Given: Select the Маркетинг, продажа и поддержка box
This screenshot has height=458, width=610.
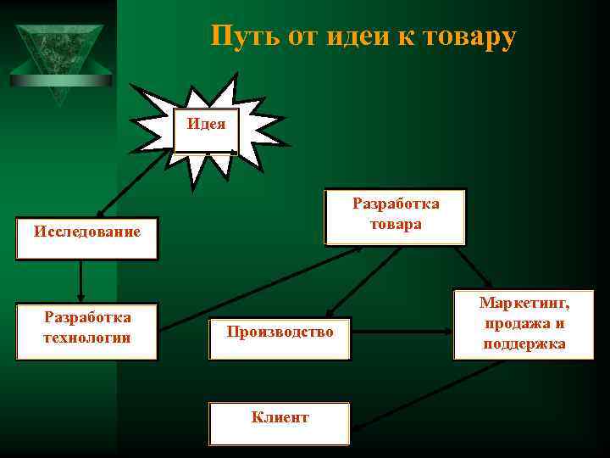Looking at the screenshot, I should coord(524,325).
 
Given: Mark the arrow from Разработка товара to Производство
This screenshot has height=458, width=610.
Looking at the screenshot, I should coord(364,280).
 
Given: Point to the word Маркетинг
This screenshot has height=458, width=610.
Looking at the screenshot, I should coord(524,304).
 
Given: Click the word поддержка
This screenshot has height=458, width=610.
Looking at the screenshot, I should coord(524,343).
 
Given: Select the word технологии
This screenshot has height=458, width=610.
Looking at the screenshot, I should coord(86,338).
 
